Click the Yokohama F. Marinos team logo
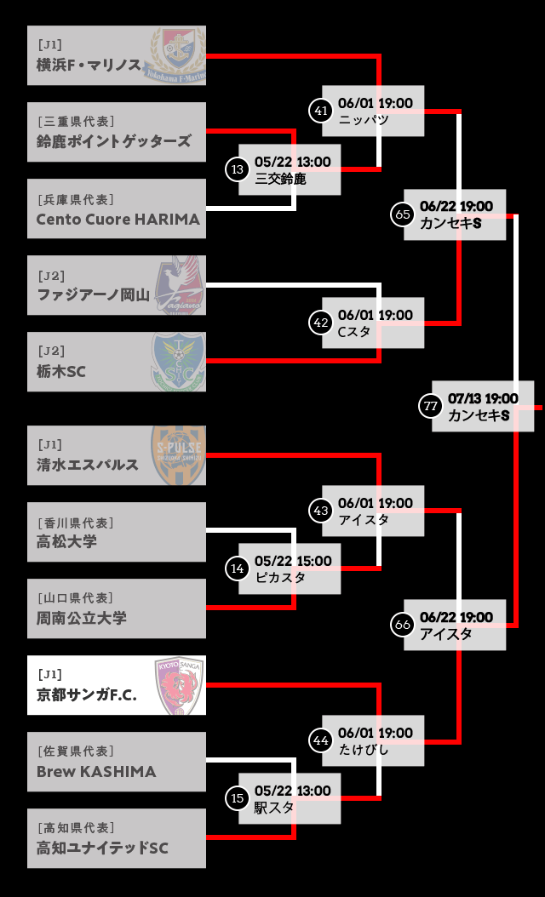pos(179,55)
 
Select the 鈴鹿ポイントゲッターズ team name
pos(113,141)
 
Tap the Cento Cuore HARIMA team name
pos(118,219)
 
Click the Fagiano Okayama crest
pos(179,285)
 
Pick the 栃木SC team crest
pos(178,362)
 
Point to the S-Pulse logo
pos(178,455)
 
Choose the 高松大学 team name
pos(66,541)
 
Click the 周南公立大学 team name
pos(81,618)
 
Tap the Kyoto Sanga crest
pos(179,685)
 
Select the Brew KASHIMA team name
pos(96,772)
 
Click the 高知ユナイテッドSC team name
pos(102,848)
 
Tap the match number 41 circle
pos(320,111)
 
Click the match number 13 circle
pos(237,169)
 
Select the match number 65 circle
pos(403,214)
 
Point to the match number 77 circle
pos(431,406)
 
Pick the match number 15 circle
pos(237,798)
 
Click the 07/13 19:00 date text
pos(483,398)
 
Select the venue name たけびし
pos(363,750)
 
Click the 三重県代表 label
pos(76,121)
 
